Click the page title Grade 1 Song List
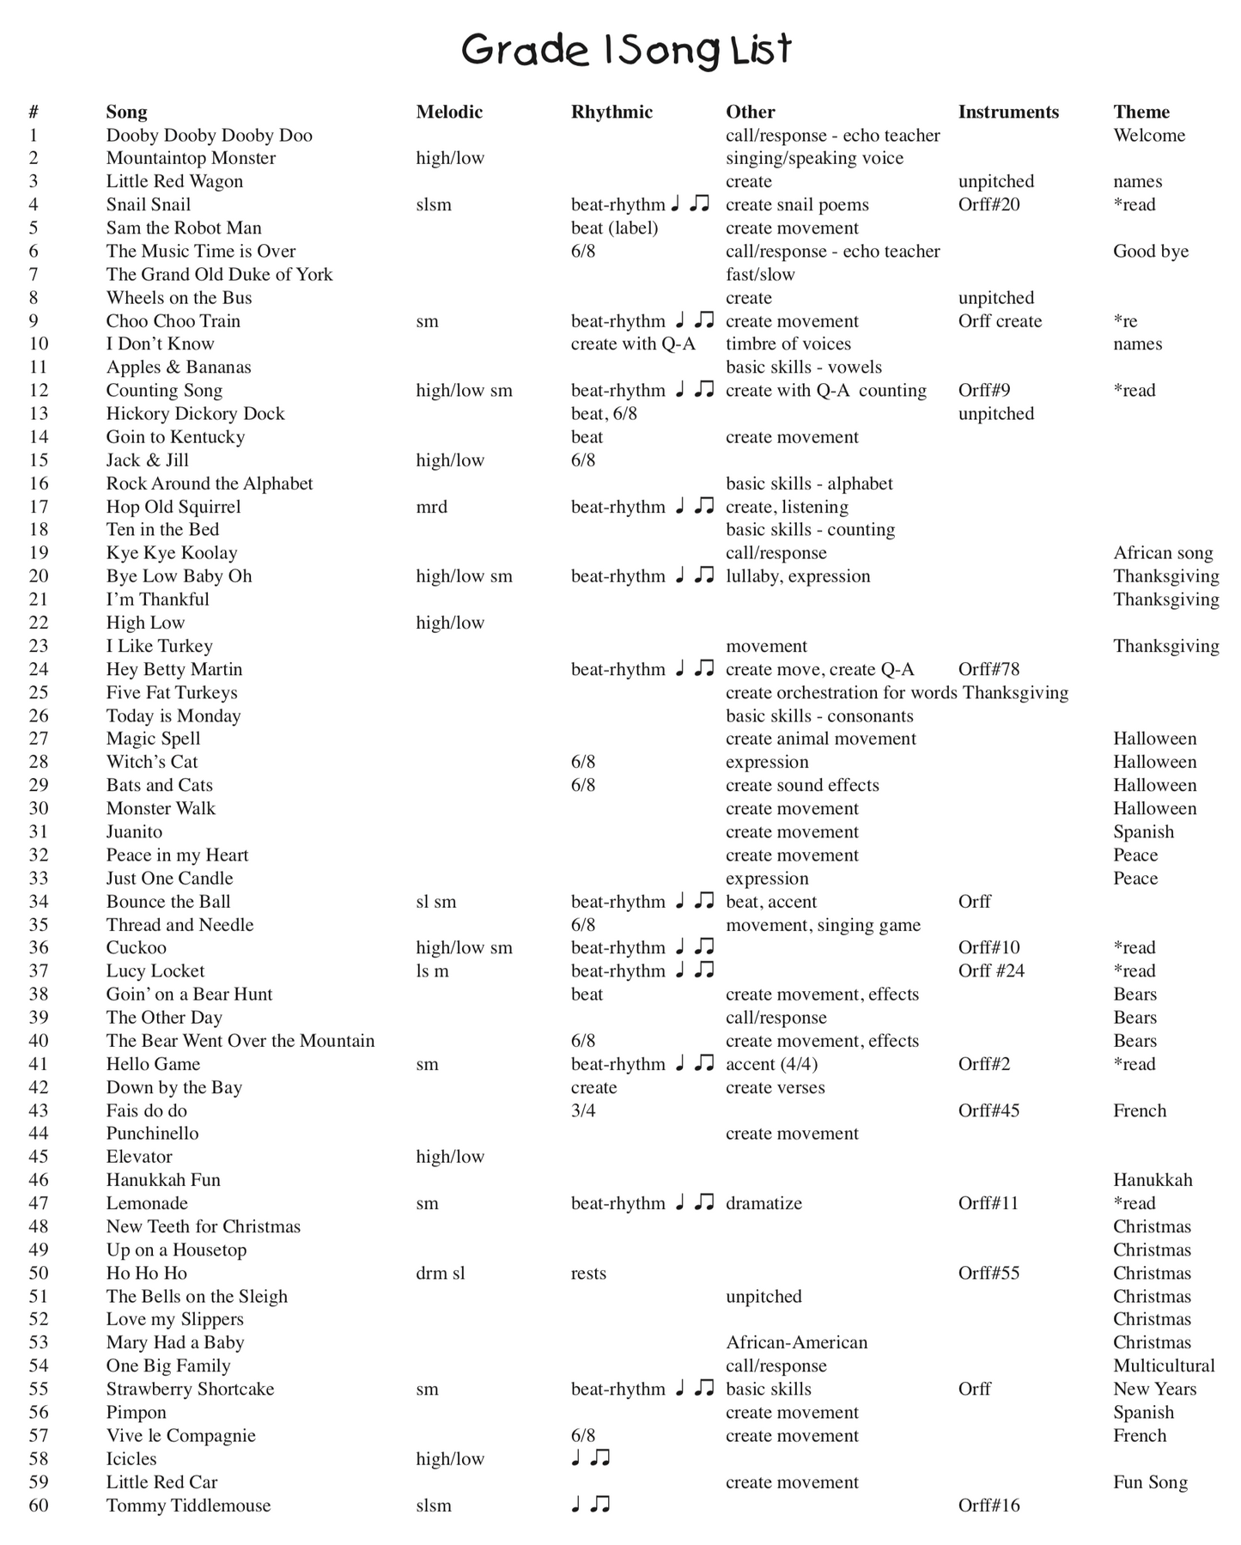pos(626,50)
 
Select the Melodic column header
pos(449,112)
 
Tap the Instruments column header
pos(1008,112)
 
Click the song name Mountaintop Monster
pos(191,158)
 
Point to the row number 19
pos(39,553)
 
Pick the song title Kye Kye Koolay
pos(172,553)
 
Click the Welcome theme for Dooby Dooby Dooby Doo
pos(1149,135)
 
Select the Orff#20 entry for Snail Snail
pos(989,204)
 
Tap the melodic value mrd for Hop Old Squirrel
pos(431,507)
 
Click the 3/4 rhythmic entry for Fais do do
pos(583,1110)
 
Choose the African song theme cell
pos(1163,553)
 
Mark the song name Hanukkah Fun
pos(163,1180)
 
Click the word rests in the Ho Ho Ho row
pos(588,1273)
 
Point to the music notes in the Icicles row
pos(591,1458)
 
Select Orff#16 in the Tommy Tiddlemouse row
pos(989,1505)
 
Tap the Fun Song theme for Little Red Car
pos(1150,1481)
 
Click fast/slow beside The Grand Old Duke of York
pos(760,274)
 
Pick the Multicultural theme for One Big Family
pos(1164,1366)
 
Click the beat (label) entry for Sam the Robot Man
pos(614,228)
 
